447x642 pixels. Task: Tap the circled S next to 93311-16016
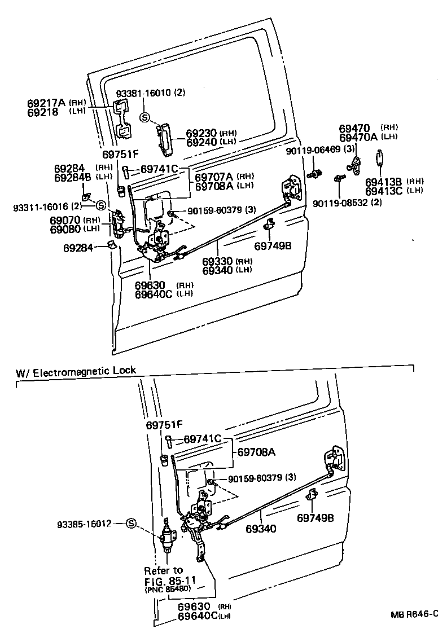(100, 205)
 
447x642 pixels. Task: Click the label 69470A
(359, 137)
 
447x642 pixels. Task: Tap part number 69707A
(215, 177)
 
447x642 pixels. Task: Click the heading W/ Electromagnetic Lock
(76, 371)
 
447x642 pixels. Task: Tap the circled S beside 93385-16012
(131, 523)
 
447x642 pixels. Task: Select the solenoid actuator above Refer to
(168, 537)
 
